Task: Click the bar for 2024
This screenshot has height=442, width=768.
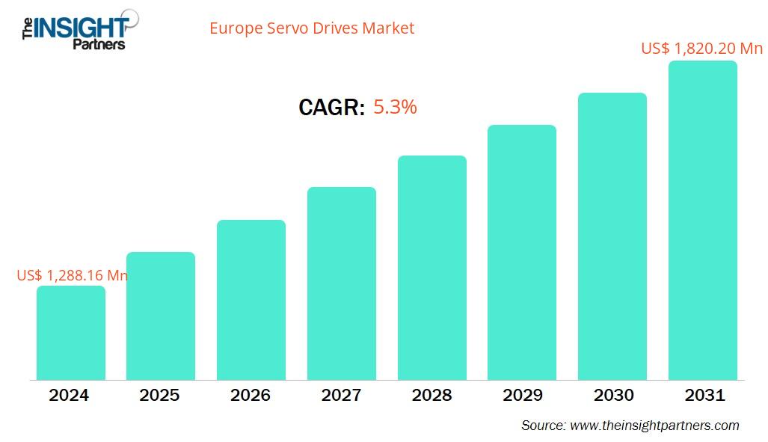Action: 71,333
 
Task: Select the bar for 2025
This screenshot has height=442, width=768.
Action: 161,316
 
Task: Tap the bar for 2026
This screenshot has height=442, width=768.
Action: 251,300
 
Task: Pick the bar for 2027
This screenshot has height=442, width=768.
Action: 342,283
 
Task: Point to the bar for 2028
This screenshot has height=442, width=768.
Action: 431,268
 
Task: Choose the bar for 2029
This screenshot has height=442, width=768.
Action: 522,252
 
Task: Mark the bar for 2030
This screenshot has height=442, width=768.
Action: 612,236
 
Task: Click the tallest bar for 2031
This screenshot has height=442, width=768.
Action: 702,220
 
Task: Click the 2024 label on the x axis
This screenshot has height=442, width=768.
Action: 69,396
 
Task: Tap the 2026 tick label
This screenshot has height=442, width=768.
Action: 251,396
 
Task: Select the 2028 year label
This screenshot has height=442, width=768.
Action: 431,396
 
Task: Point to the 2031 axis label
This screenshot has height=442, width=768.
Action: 704,396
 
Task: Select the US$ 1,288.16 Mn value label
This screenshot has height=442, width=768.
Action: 72,275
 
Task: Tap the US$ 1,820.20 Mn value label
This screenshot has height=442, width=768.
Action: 701,49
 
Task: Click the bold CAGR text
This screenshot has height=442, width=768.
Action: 331,108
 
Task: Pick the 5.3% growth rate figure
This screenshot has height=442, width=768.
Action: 395,107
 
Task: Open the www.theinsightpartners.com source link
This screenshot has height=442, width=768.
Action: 654,426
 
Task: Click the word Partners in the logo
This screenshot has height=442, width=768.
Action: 98,44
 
